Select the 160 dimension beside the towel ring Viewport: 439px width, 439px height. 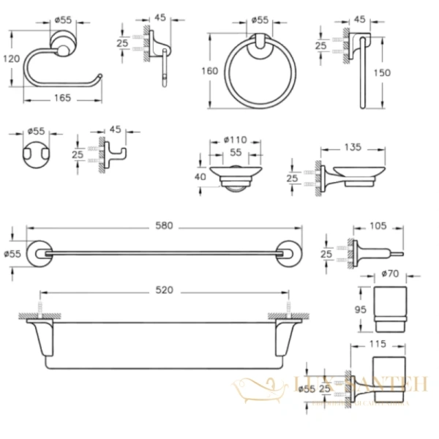pyautogui.click(x=211, y=72)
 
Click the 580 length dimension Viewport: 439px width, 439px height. pyautogui.click(x=165, y=226)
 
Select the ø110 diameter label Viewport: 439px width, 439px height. pyautogui.click(x=235, y=139)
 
